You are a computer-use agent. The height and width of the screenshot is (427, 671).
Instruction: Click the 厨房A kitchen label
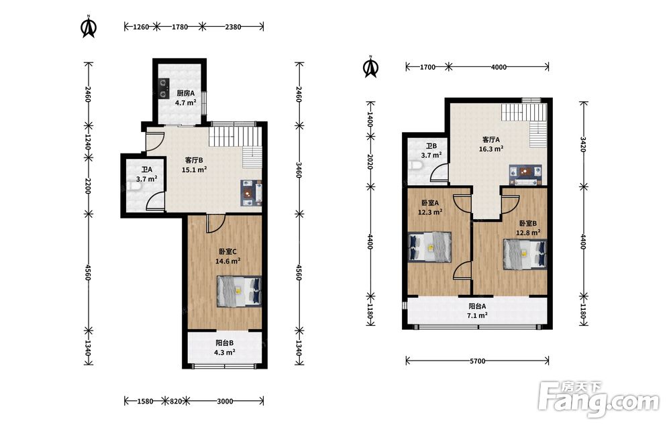point(186,93)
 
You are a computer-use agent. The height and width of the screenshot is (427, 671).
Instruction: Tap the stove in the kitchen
point(162,88)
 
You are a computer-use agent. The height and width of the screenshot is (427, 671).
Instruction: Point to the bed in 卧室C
point(240,291)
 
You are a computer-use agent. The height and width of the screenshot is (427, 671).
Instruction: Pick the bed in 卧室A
point(430,247)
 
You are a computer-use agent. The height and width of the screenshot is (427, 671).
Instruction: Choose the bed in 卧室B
point(525,254)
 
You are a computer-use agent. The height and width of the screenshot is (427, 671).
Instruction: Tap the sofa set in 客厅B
point(251,193)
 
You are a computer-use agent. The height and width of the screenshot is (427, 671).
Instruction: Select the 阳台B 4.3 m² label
point(225,347)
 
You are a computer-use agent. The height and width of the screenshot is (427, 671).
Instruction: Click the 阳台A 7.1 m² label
point(477,311)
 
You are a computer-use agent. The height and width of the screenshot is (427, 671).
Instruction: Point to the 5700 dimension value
point(478,361)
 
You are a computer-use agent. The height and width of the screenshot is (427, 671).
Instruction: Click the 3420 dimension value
point(583,144)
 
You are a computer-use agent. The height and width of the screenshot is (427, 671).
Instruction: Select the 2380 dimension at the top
point(233,27)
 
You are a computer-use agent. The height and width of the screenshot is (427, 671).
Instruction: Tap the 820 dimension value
point(176,402)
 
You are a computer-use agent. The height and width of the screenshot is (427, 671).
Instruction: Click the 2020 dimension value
point(370,162)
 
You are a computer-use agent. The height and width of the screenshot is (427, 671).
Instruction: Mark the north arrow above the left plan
point(89,27)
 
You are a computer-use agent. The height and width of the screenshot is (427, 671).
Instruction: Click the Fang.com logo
point(599,400)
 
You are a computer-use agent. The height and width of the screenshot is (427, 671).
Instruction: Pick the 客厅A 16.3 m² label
point(491,144)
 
